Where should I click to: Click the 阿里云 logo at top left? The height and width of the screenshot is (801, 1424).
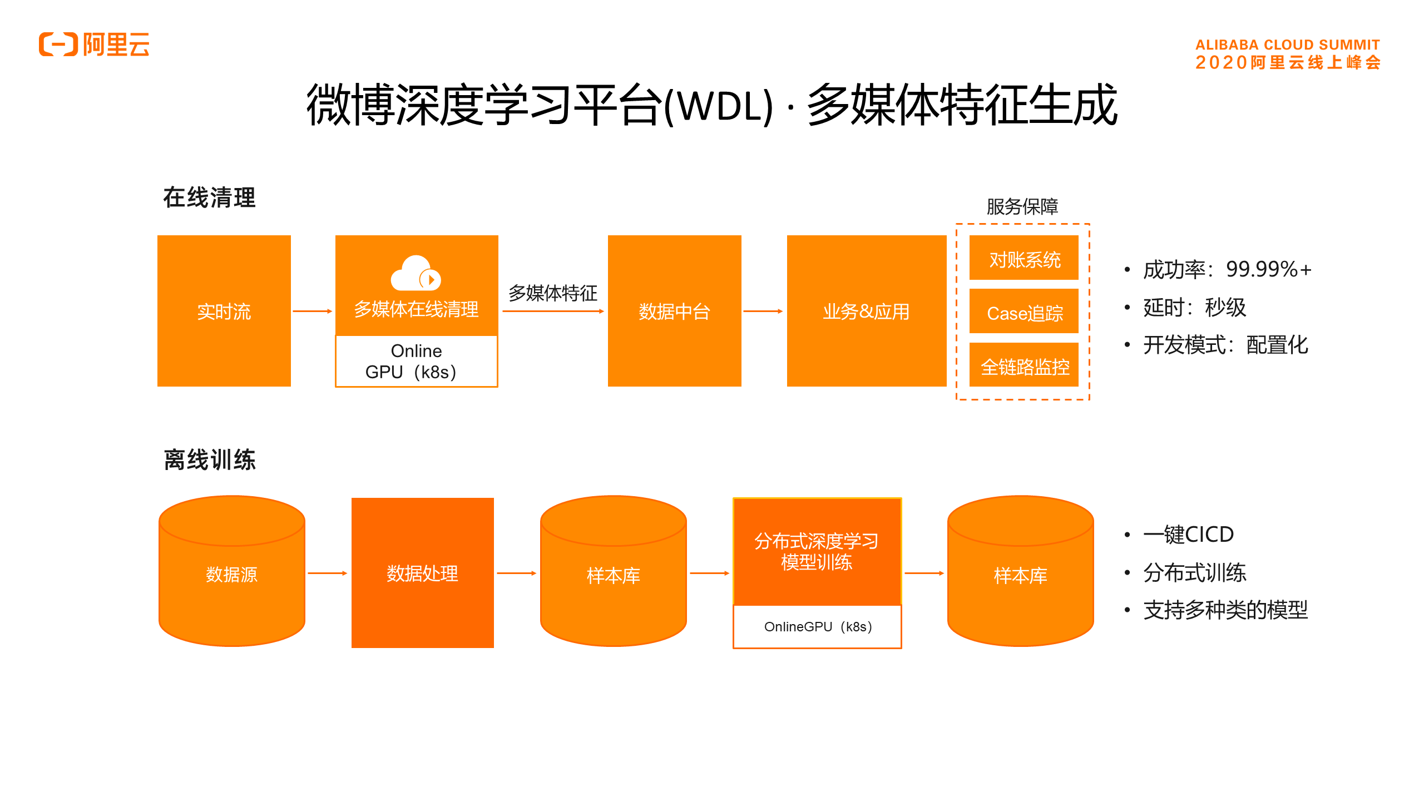[x=94, y=44]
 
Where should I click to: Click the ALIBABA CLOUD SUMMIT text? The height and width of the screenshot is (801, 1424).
[x=1287, y=44]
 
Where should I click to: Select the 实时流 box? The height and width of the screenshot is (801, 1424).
[x=224, y=311]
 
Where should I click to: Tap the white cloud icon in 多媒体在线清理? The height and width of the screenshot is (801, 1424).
[x=416, y=274]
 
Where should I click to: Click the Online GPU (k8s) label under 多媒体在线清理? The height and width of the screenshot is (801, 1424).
[x=416, y=361]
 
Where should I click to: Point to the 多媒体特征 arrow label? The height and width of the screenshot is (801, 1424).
[x=552, y=293]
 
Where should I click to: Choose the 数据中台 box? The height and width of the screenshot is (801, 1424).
[x=674, y=311]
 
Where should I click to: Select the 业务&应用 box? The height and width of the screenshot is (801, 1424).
[x=866, y=311]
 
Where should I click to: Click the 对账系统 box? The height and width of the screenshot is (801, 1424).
[x=1023, y=258]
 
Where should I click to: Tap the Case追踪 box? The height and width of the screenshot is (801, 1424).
[x=1023, y=312]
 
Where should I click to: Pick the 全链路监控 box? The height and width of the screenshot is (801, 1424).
[x=1023, y=365]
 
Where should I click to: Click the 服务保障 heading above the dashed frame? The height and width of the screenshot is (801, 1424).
[x=1022, y=206]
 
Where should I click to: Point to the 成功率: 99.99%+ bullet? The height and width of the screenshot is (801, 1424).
[x=1227, y=269]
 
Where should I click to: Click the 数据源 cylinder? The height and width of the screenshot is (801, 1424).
[x=231, y=573]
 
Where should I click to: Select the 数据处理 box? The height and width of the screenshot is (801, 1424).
[x=422, y=573]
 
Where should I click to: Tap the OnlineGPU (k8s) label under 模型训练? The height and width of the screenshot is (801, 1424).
[x=817, y=627]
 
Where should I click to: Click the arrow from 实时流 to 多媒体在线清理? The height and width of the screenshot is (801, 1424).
[x=312, y=311]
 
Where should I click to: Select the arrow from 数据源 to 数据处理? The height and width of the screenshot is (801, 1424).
[x=327, y=573]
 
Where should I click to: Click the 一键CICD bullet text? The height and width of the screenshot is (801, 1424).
[x=1188, y=535]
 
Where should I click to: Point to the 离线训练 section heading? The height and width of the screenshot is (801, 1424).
[x=210, y=460]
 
